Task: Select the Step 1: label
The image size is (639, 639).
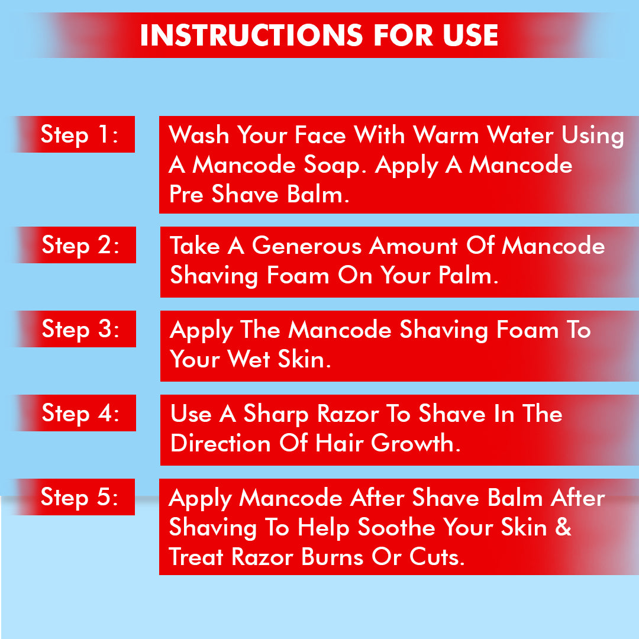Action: (x=79, y=135)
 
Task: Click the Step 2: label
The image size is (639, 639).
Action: (x=80, y=245)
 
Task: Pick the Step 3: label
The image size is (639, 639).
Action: (x=80, y=329)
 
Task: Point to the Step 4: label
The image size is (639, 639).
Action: (x=80, y=413)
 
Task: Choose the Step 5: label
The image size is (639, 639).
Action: (x=79, y=497)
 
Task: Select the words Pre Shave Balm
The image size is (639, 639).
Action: (x=259, y=195)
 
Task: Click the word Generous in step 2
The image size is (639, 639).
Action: (x=307, y=246)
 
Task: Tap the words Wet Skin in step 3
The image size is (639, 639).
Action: (x=283, y=359)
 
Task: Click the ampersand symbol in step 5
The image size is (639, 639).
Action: (x=563, y=527)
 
